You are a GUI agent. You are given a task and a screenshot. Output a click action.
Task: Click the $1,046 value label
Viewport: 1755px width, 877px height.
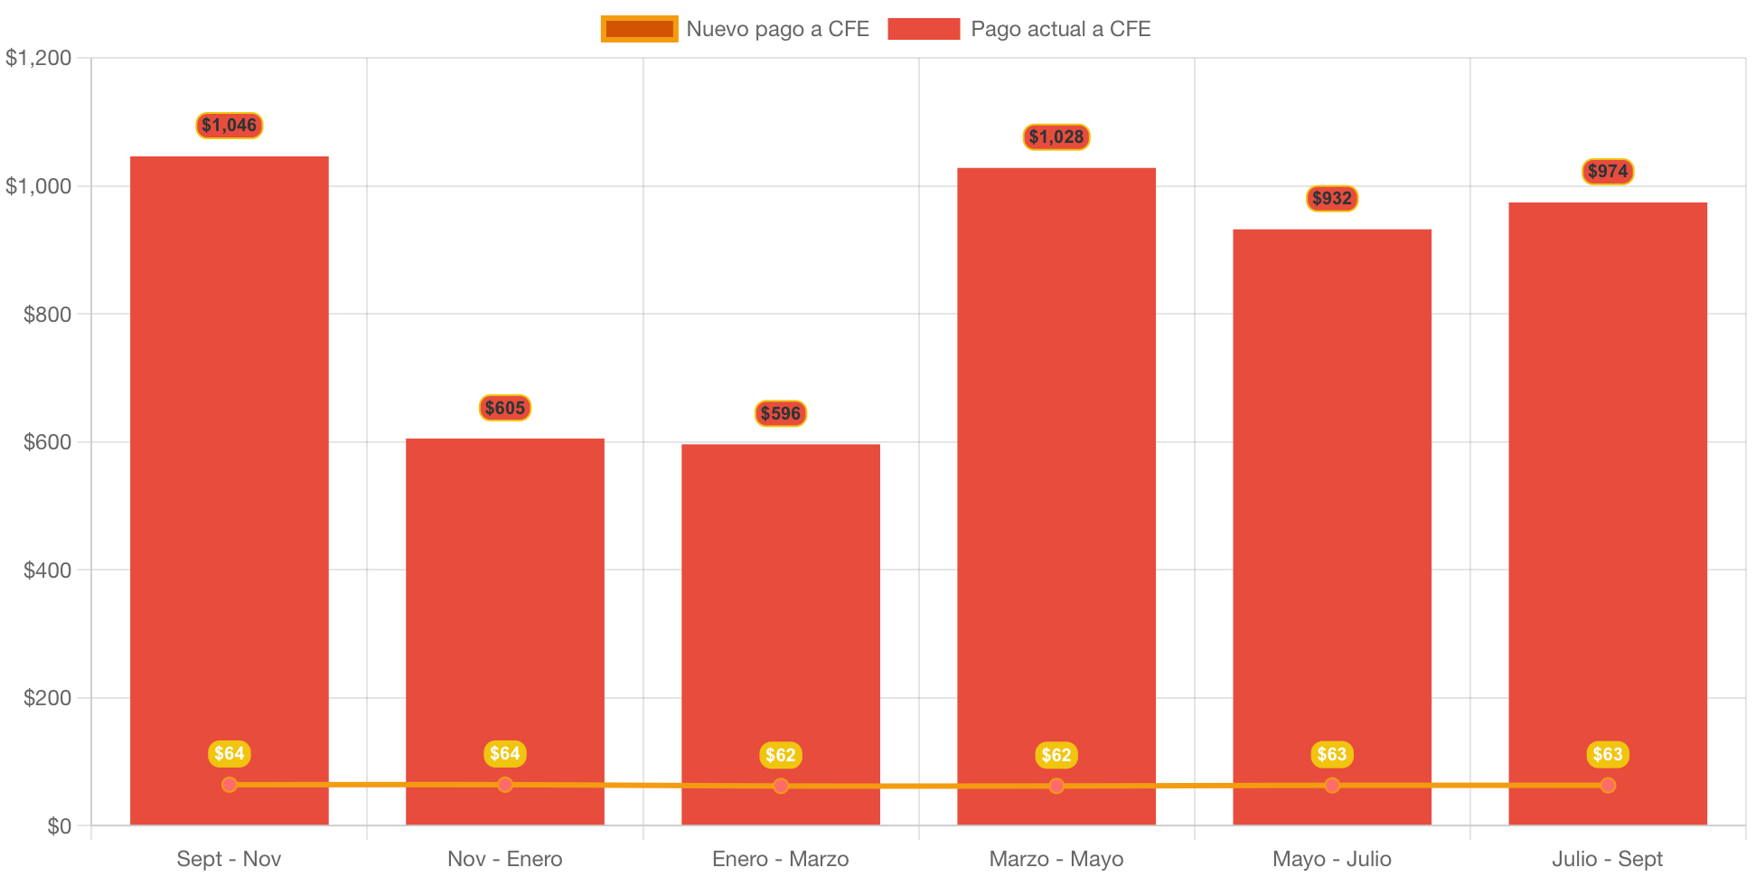(x=230, y=126)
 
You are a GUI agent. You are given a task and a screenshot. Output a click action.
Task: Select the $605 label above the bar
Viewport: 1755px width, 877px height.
(x=505, y=409)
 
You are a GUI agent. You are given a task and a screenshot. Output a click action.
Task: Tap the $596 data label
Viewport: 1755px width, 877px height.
(x=781, y=414)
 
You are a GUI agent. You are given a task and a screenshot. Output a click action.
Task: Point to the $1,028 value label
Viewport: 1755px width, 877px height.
(x=1056, y=137)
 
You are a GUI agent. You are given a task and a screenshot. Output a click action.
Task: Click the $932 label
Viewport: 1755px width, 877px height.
(x=1332, y=199)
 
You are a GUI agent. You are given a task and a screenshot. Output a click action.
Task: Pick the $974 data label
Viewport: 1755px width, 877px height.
(x=1608, y=172)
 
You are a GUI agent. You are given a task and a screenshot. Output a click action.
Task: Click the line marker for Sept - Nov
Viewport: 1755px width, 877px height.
(x=230, y=785)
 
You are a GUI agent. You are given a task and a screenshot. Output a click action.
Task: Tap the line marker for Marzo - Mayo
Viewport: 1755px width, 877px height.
(x=1056, y=787)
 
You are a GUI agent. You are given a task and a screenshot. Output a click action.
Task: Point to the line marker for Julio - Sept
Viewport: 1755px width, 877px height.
(x=1608, y=786)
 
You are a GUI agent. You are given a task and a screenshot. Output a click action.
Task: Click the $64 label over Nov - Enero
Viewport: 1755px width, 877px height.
(x=505, y=754)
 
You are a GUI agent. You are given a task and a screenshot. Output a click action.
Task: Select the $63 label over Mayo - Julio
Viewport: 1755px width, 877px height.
(x=1332, y=755)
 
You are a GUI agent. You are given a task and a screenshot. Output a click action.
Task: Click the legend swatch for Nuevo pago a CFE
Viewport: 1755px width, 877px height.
(x=639, y=29)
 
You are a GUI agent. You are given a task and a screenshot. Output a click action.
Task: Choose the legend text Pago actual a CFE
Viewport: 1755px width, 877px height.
(x=1060, y=29)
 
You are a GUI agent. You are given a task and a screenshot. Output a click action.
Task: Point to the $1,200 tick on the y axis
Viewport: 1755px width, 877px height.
(x=39, y=59)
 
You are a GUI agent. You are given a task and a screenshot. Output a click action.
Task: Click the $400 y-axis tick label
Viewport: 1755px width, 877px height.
(x=47, y=571)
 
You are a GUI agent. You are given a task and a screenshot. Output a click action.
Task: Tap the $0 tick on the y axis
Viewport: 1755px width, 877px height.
(x=59, y=826)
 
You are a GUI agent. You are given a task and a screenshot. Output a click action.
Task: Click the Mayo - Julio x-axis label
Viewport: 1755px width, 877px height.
(x=1332, y=859)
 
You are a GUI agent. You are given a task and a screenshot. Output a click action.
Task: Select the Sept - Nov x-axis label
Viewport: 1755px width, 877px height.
(x=230, y=859)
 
